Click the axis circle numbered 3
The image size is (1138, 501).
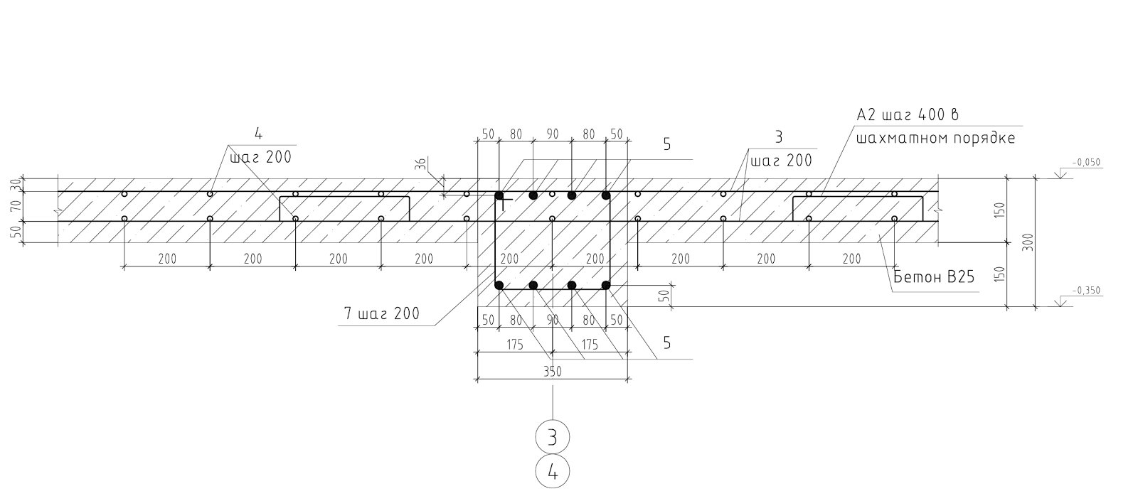click(x=552, y=437)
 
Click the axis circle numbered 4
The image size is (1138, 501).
click(x=552, y=472)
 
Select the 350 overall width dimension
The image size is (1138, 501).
click(x=552, y=371)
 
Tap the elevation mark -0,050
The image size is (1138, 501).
click(x=1086, y=163)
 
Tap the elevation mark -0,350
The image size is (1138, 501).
click(x=1086, y=291)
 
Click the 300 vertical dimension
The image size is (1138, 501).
click(x=1027, y=242)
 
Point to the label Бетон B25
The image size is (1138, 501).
click(x=934, y=277)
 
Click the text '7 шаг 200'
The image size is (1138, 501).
click(x=382, y=313)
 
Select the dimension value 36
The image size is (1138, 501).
click(x=420, y=164)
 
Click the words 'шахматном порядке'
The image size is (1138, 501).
click(x=935, y=138)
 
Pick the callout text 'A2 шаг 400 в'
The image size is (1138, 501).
click(x=908, y=114)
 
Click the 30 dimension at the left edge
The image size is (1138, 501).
click(x=16, y=184)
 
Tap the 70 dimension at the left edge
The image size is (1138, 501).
click(x=16, y=206)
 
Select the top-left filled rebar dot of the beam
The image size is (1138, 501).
click(x=499, y=195)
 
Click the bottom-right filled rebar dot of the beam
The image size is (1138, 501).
click(x=605, y=285)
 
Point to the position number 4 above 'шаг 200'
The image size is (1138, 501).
click(x=258, y=134)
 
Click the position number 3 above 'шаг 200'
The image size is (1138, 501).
click(x=778, y=137)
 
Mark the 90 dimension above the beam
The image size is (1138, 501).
click(x=552, y=134)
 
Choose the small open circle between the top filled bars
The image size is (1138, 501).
click(x=552, y=195)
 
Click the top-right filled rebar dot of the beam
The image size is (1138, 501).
click(x=605, y=195)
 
